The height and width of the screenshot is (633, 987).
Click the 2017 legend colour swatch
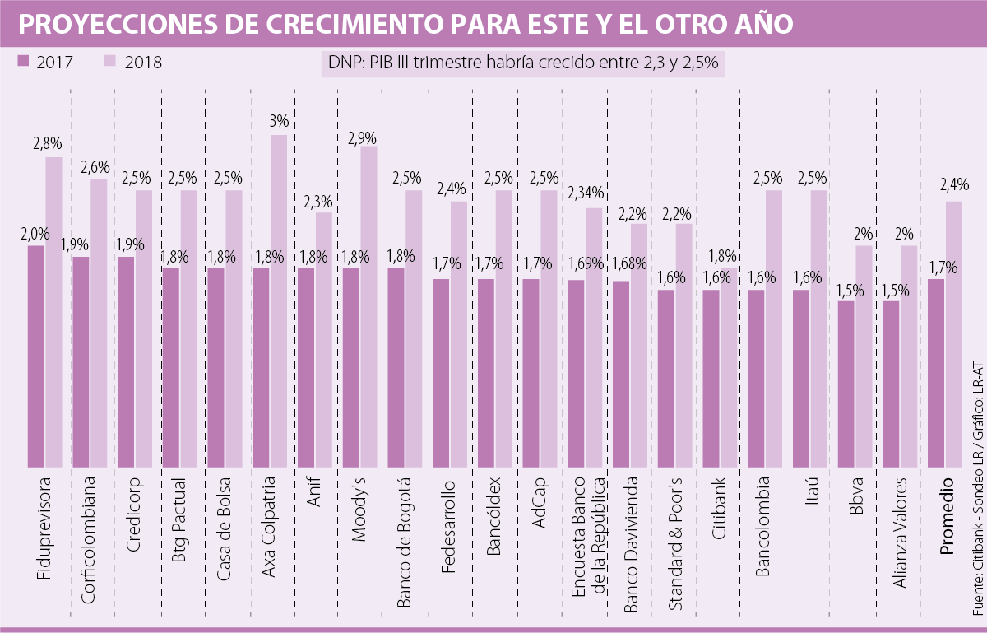(23, 62)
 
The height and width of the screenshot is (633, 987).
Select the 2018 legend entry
(134, 62)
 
